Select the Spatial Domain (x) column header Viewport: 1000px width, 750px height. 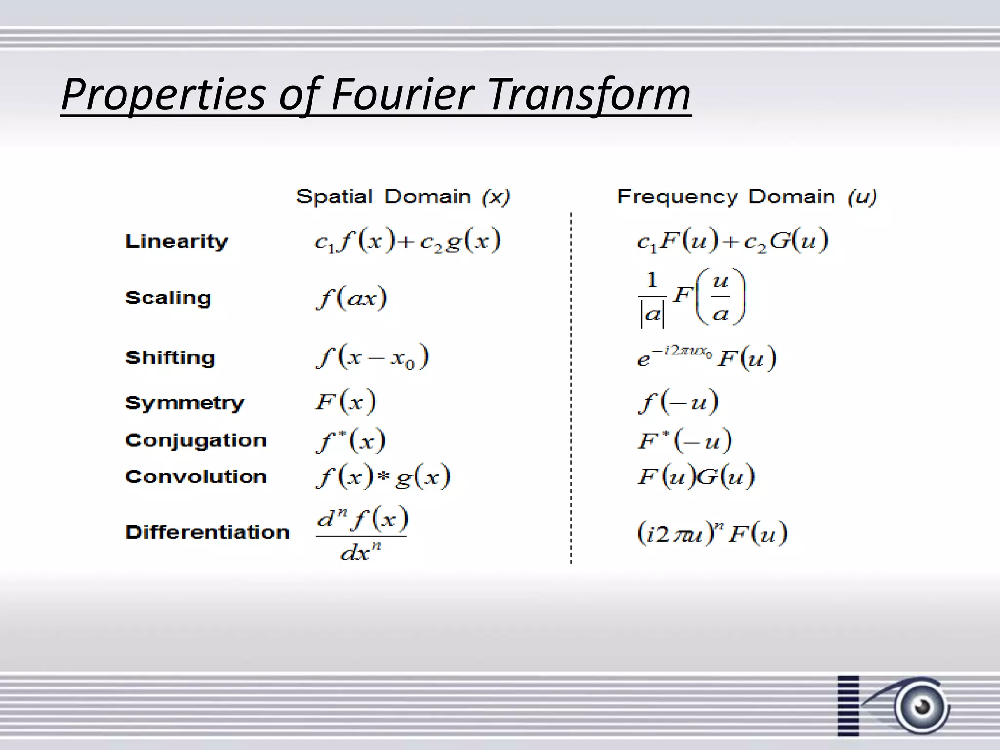[403, 197]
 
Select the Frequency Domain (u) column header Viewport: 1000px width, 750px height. [747, 197]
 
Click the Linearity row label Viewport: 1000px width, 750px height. [176, 241]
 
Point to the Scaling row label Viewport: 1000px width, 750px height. [168, 298]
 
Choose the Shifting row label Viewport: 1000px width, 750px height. [170, 357]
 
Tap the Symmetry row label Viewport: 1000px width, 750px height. [184, 403]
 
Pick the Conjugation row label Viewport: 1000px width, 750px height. [196, 440]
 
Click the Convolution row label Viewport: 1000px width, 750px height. [196, 477]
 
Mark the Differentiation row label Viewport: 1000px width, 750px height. [207, 532]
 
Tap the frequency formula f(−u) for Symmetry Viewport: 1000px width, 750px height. [678, 402]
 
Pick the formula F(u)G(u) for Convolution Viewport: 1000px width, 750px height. [696, 476]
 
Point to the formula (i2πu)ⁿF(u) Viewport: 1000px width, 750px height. [712, 533]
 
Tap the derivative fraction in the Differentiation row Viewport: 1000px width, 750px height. [361, 534]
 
